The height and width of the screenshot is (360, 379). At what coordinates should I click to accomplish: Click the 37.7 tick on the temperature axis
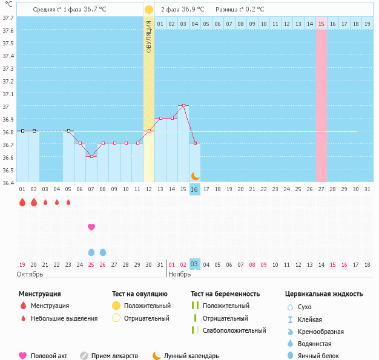tap(8, 18)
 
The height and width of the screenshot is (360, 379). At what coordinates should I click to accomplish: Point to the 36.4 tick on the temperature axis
tap(8, 183)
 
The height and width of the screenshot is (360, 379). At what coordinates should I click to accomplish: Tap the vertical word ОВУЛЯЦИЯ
tap(149, 37)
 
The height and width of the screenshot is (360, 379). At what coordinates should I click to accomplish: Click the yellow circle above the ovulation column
tap(149, 10)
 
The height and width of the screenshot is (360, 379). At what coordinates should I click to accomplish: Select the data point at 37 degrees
tap(183, 106)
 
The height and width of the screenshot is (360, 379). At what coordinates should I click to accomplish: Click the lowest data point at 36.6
tap(91, 156)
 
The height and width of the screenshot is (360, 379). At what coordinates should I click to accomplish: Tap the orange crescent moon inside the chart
tap(195, 176)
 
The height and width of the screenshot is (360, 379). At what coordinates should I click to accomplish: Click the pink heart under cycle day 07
tap(91, 227)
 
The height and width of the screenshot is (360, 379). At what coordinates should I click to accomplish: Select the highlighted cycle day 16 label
tap(194, 189)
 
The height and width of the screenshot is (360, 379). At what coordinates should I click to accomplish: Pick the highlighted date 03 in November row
tap(194, 264)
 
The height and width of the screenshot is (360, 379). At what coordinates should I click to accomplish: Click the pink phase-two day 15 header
tap(321, 24)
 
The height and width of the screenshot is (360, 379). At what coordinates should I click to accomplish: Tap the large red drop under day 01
tap(22, 202)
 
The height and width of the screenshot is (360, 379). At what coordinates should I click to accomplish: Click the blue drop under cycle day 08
tap(103, 252)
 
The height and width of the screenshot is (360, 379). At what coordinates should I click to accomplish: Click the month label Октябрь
tap(30, 274)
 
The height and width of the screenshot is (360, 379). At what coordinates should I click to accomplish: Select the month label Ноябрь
tap(180, 274)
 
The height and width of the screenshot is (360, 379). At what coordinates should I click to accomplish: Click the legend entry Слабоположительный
tap(234, 330)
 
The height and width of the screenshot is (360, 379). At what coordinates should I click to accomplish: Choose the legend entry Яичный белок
tap(318, 356)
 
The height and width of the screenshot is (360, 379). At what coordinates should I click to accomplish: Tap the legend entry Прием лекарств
tap(114, 356)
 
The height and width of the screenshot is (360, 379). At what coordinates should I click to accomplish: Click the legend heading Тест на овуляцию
tap(140, 294)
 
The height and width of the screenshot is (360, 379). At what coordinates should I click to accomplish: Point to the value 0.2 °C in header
tap(255, 10)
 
